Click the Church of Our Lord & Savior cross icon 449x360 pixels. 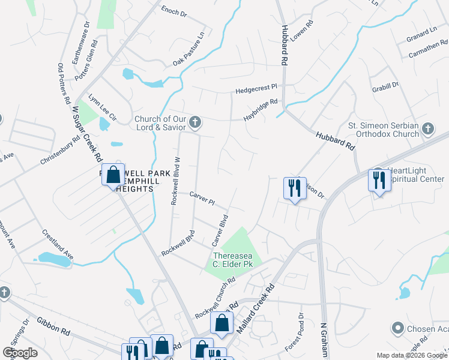pos(194,123)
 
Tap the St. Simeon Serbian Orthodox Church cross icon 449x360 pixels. pos(427,128)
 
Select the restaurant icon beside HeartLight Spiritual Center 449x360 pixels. pos(379,179)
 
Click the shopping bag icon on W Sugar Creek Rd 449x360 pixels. pos(113,175)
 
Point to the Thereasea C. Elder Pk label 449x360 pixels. pos(234,259)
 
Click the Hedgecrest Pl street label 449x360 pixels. pos(256,89)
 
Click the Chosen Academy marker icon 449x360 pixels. pos(397,328)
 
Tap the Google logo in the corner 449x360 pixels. pos(20,353)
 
